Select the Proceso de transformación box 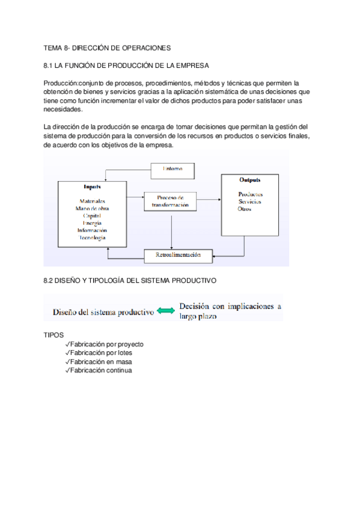(x=171, y=201)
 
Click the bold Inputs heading (x=91, y=187)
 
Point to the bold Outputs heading (x=249, y=180)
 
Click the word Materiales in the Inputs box (x=92, y=201)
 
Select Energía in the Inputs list (x=92, y=223)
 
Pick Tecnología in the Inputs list (x=92, y=238)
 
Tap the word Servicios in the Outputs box (x=249, y=201)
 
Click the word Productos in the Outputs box (x=250, y=194)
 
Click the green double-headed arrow (x=166, y=312)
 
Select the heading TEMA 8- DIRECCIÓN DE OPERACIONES (x=108, y=48)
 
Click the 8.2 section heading (x=130, y=281)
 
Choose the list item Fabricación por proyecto (x=106, y=345)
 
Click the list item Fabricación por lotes (x=100, y=353)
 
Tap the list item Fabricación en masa (x=100, y=362)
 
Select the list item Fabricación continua (x=100, y=370)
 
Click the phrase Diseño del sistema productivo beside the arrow (x=103, y=312)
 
